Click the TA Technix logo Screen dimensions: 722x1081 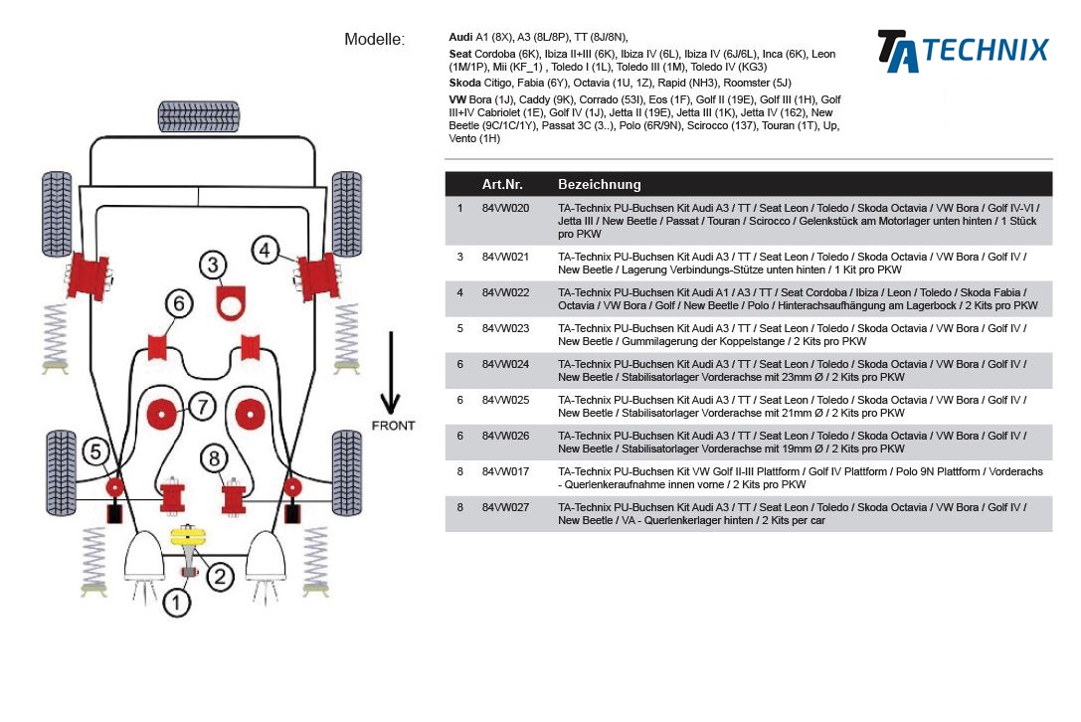tap(962, 51)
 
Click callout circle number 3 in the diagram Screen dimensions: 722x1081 tap(212, 265)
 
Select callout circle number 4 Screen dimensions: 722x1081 tap(265, 251)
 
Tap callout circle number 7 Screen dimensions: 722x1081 tap(201, 406)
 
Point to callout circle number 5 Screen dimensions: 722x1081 tap(94, 452)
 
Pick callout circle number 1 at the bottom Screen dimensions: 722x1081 tap(176, 603)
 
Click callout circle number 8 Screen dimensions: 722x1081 tap(214, 457)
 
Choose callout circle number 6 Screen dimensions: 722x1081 tap(178, 303)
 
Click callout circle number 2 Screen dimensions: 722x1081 tap(220, 576)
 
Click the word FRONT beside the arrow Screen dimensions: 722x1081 tap(393, 426)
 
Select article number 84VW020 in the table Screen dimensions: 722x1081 tap(505, 209)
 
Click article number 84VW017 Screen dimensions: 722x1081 tap(505, 471)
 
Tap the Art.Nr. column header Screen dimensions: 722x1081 tap(502, 184)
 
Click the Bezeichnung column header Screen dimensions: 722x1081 tap(600, 184)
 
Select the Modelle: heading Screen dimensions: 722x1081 tap(375, 40)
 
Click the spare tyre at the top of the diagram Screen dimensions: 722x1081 tap(204, 115)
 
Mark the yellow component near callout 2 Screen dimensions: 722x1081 tap(188, 538)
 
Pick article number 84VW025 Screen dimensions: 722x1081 tap(505, 400)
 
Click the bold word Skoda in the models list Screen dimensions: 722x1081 tap(464, 83)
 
